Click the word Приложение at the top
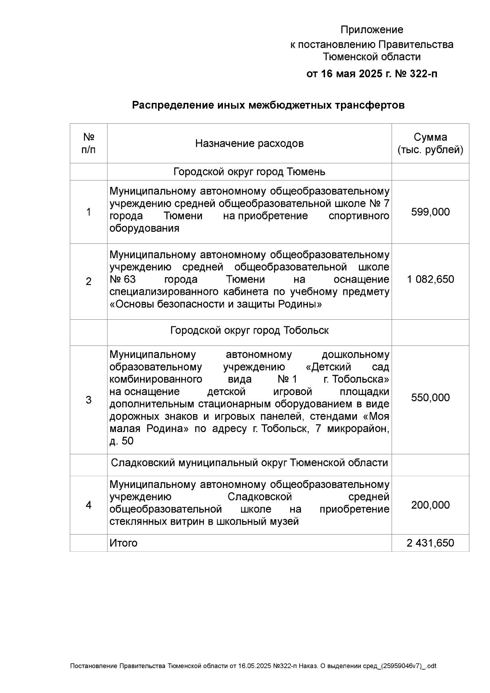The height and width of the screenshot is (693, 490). [372, 30]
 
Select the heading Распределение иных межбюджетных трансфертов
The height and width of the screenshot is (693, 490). [268, 105]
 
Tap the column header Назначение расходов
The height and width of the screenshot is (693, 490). [249, 144]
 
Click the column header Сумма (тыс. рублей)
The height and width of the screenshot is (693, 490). [430, 144]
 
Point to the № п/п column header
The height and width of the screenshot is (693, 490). [89, 143]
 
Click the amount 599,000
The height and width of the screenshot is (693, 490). [430, 212]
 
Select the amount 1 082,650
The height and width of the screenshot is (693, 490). [430, 279]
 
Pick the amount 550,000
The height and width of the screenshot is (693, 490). [430, 398]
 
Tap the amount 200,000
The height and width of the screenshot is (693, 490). [430, 505]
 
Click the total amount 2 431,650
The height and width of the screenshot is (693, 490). [430, 543]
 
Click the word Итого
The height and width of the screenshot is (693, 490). [123, 543]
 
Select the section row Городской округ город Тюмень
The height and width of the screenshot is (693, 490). [249, 172]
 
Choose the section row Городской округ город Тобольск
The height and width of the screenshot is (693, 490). [249, 330]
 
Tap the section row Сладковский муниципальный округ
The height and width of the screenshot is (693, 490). [249, 463]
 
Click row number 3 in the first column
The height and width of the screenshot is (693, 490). [89, 400]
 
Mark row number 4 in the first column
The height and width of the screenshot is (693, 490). [89, 505]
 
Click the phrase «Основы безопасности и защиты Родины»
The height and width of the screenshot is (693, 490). [216, 305]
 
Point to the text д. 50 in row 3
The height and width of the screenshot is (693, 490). [121, 441]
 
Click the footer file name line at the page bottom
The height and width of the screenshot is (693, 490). [253, 666]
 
